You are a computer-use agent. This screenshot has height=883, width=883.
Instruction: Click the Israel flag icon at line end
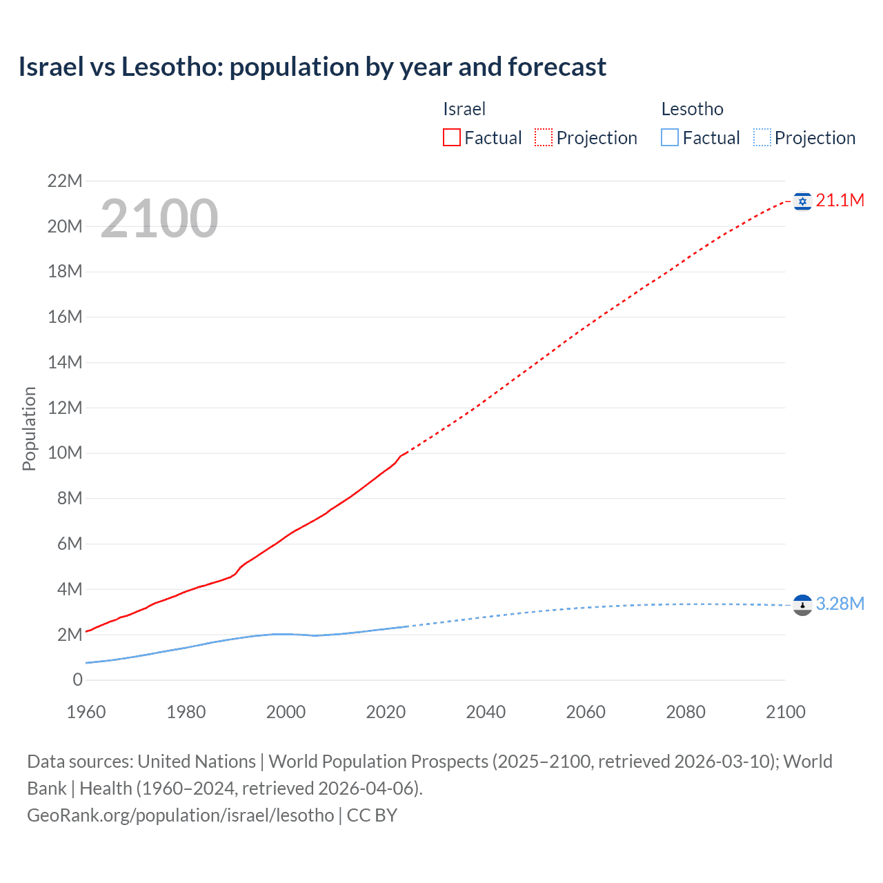[x=802, y=201]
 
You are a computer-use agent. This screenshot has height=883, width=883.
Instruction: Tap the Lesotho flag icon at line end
[x=802, y=604]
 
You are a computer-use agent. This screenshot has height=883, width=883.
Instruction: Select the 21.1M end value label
[x=840, y=201]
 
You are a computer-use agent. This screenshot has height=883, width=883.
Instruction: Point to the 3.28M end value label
[x=840, y=604]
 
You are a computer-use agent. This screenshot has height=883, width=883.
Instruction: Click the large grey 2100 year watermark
[x=159, y=219]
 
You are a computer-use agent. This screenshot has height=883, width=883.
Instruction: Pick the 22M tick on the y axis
[x=65, y=181]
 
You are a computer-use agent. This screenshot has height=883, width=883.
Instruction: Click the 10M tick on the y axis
[x=65, y=453]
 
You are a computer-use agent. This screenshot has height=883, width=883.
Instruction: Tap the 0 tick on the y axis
[x=77, y=680]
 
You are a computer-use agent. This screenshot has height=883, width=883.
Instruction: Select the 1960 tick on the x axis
[x=86, y=712]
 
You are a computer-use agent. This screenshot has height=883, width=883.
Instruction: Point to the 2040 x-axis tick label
[x=486, y=712]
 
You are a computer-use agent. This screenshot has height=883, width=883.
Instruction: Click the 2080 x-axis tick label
[x=686, y=712]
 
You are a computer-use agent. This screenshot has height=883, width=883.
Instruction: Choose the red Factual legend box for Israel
[x=452, y=138]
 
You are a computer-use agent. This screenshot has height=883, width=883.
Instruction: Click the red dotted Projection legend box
[x=544, y=138]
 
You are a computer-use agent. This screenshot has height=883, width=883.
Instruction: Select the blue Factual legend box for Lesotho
[x=670, y=138]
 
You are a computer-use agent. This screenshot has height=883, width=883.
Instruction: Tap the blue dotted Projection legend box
[x=762, y=138]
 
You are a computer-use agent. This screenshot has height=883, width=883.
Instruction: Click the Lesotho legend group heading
[x=692, y=109]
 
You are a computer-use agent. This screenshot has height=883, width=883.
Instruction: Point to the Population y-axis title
[x=29, y=428]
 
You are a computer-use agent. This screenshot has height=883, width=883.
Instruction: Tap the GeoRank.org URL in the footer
[x=181, y=815]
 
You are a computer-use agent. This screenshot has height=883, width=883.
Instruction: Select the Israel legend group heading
[x=464, y=109]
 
